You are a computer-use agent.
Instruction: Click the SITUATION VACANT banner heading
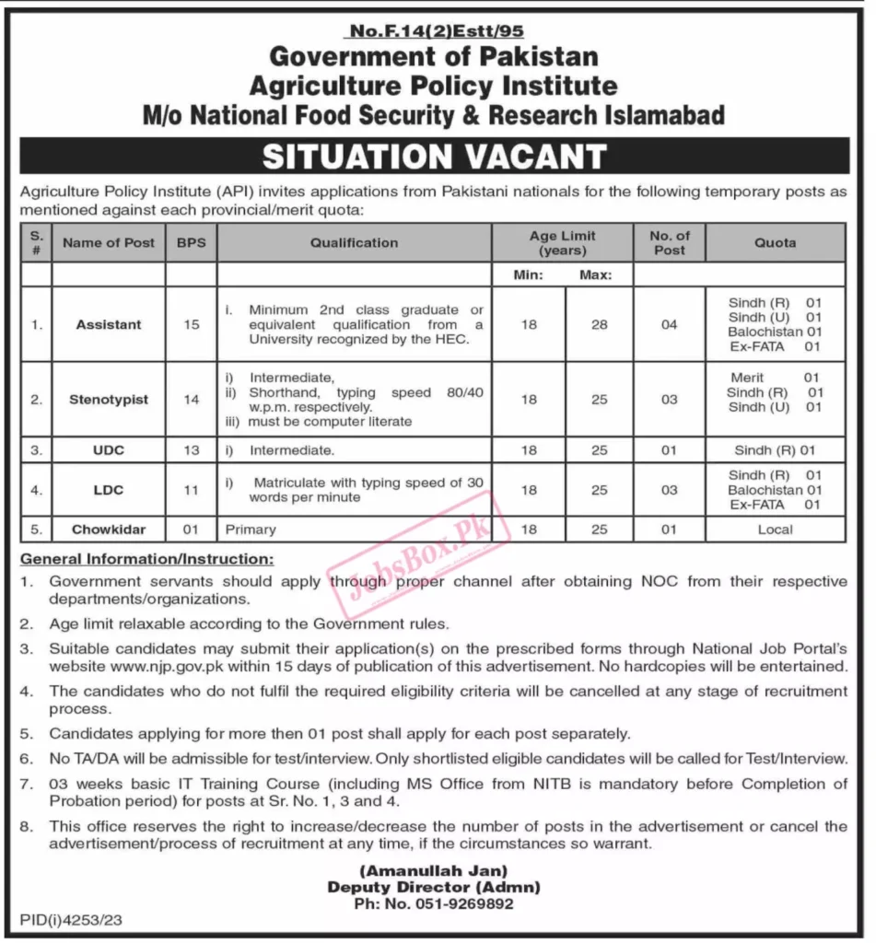coord(434,157)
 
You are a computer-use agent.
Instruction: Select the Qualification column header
coord(354,243)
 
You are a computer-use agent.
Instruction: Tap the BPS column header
coord(191,243)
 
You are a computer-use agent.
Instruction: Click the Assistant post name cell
coord(109,324)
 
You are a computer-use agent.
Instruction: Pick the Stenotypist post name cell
coord(109,400)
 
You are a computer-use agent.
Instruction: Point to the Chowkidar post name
coord(109,530)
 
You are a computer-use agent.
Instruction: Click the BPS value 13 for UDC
coord(191,450)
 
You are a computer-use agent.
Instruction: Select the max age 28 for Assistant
coord(599,324)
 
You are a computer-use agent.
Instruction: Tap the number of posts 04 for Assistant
coord(669,324)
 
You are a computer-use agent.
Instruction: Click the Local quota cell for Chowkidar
coord(775,530)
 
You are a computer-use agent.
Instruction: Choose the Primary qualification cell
coord(251,530)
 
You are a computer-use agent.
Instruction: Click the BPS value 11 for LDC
coord(191,490)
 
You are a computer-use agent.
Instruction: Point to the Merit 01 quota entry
coord(775,378)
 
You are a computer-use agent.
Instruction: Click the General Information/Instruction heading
coord(146,559)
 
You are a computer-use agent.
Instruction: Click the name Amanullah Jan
coord(434,870)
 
